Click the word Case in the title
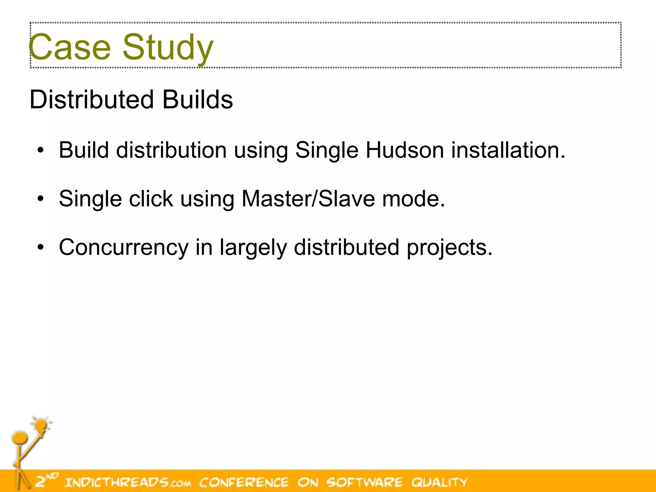(70, 47)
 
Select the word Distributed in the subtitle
(92, 100)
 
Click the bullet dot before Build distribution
(40, 150)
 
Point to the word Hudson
(405, 150)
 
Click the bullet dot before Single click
(40, 199)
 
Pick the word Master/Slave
(308, 199)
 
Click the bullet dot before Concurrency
(40, 247)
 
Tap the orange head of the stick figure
(20, 437)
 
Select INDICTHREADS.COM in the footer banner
(128, 482)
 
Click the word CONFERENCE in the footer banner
(244, 482)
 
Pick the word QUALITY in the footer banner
(439, 482)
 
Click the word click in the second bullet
(151, 199)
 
